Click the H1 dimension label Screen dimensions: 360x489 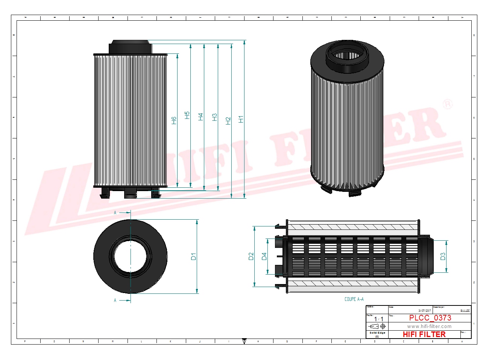[x=241, y=119]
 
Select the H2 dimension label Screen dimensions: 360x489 [x=228, y=121]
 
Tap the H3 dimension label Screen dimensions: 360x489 [x=214, y=117]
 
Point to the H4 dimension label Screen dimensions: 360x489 [x=200, y=117]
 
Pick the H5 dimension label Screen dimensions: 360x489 [x=187, y=115]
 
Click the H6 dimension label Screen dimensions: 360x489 [x=173, y=120]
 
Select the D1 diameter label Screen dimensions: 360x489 [x=193, y=257]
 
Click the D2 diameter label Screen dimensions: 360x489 [x=251, y=256]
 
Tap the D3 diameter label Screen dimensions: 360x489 [x=442, y=256]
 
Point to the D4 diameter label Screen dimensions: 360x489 [x=264, y=256]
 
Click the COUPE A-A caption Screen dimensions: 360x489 [x=354, y=299]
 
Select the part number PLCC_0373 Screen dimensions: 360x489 [x=430, y=318]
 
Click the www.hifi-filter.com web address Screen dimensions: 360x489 [x=429, y=327]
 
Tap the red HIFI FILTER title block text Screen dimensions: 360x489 [x=424, y=334]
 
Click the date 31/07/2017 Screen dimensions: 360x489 [x=424, y=311]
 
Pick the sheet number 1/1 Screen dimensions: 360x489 [x=378, y=319]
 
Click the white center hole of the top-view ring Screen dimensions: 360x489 [x=130, y=256]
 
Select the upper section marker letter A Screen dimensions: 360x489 [x=115, y=213]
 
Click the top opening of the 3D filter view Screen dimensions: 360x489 [x=347, y=56]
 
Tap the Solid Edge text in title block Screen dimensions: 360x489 [x=377, y=333]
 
